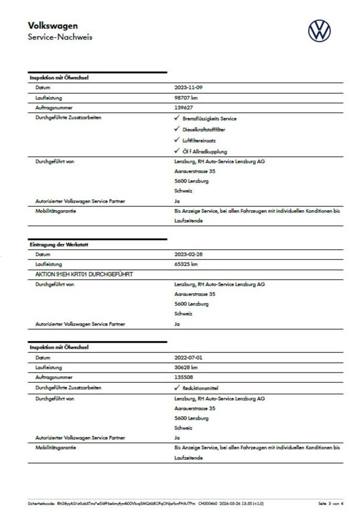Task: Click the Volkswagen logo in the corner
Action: coord(319,30)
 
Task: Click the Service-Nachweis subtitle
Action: coord(60,37)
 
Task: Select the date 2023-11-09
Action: coord(188,87)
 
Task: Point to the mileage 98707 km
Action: coord(186,97)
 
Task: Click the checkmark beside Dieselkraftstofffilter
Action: coord(177,129)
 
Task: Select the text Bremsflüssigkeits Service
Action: coord(209,118)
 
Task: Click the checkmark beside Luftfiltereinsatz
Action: coord(177,140)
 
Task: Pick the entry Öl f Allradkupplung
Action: coord(205,151)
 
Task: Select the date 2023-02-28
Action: coord(188,254)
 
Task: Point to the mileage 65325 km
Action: coord(186,264)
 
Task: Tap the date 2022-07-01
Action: coord(188,357)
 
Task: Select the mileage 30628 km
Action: coord(186,367)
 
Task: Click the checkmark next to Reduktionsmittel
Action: coord(177,388)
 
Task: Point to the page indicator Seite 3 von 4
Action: coord(330,503)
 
